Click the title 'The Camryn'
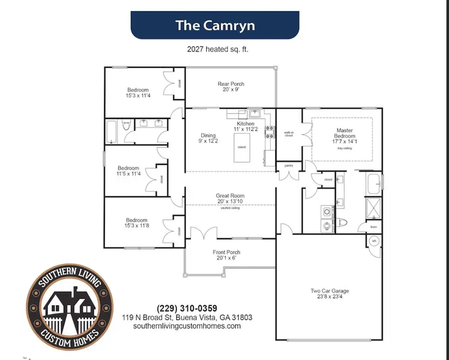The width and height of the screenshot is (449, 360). pos(215,25)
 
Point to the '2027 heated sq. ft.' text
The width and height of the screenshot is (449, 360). pos(215,49)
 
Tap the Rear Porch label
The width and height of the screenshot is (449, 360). pos(231,84)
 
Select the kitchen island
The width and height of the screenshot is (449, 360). pos(241,147)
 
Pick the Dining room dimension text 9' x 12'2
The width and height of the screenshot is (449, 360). pos(206,141)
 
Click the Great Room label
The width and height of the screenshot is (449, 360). pos(230,196)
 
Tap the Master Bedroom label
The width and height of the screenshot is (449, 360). pos(345,133)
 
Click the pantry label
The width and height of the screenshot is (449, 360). pos(288,166)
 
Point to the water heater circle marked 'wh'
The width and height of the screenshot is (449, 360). pos(374,241)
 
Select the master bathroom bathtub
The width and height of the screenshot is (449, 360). pos(374,183)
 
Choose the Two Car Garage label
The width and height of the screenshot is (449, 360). pos(330,291)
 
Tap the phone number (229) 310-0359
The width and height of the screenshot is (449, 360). pos(187,308)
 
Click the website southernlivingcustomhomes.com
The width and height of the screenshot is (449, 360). pos(187,326)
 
